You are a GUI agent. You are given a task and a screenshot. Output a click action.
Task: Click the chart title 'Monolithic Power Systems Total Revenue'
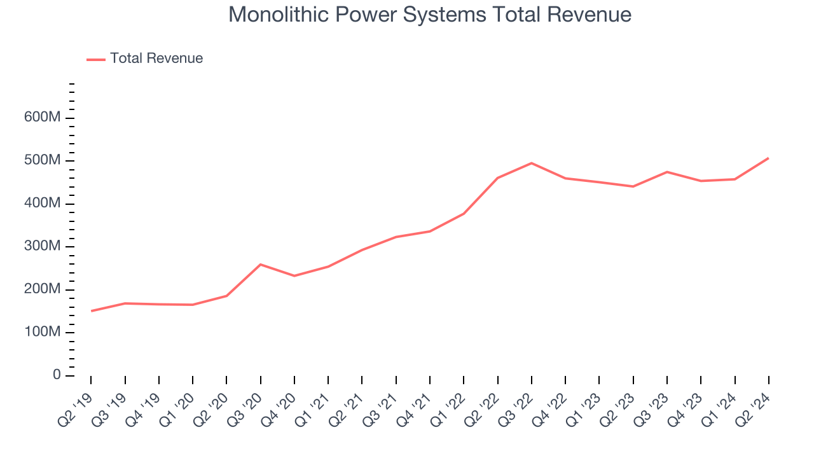pyautogui.click(x=430, y=15)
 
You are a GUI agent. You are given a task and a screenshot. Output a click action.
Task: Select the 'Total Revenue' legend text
pyautogui.click(x=156, y=59)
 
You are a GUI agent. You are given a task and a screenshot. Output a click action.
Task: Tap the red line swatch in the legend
pyautogui.click(x=96, y=59)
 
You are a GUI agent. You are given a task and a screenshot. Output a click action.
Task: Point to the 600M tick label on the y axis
pyautogui.click(x=43, y=118)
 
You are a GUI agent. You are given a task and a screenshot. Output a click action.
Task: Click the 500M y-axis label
pyautogui.click(x=43, y=160)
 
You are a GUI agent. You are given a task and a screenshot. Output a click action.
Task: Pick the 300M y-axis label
pyautogui.click(x=43, y=247)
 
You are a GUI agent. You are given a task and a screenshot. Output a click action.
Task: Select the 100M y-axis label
pyautogui.click(x=43, y=333)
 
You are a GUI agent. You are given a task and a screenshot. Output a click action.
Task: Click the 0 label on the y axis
pyautogui.click(x=57, y=375)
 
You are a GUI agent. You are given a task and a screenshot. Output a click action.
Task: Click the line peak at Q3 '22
pyautogui.click(x=532, y=163)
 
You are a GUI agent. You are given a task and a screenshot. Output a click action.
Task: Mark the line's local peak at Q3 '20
pyautogui.click(x=261, y=264)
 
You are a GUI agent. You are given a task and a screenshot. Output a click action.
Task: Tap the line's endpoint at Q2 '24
pyautogui.click(x=768, y=158)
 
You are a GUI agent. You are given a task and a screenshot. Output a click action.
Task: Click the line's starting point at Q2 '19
pyautogui.click(x=92, y=311)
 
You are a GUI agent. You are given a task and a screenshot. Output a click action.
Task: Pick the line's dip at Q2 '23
pyautogui.click(x=633, y=186)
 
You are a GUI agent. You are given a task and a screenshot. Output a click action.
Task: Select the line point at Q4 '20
pyautogui.click(x=294, y=275)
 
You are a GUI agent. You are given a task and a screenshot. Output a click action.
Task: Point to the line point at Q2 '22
pyautogui.click(x=497, y=178)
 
